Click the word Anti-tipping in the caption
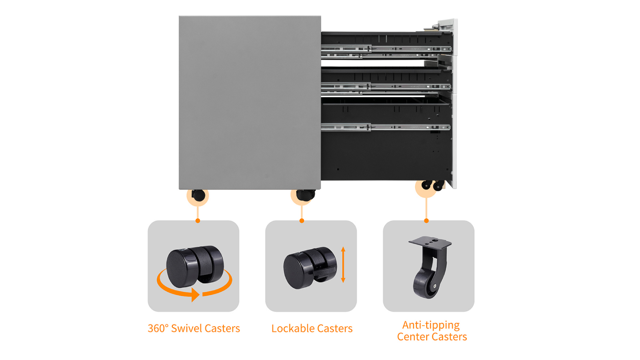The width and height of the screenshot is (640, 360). tap(431, 326)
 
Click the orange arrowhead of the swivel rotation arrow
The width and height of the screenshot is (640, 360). tap(196, 294)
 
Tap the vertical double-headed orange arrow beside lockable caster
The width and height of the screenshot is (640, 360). tap(343, 264)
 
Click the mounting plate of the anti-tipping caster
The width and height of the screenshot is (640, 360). tap(430, 242)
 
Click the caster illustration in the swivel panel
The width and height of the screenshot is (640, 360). tap(195, 266)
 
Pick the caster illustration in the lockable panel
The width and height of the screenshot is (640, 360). tap(310, 268)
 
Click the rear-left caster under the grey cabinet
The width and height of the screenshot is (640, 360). tap(198, 195)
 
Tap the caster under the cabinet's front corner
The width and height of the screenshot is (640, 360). tap(306, 195)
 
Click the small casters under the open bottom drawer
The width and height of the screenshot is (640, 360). tap(433, 185)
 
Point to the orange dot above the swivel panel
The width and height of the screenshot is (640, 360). tap(198, 220)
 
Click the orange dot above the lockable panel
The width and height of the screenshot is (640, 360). tap(302, 220)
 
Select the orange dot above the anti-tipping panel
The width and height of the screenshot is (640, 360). tap(426, 220)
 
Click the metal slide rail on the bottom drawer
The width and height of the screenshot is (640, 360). tap(386, 127)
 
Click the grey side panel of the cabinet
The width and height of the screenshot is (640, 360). tap(250, 102)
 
